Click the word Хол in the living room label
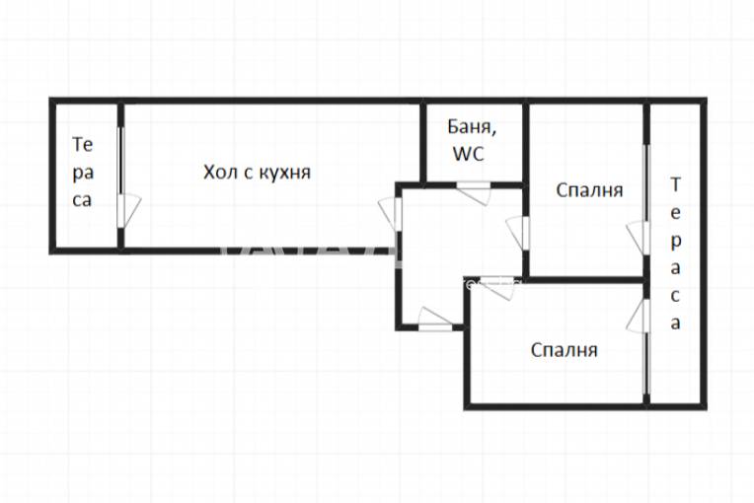click(x=220, y=173)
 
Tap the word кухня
click(x=284, y=173)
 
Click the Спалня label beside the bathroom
click(x=588, y=189)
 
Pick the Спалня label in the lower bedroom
click(x=564, y=349)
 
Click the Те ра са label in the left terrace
click(x=83, y=172)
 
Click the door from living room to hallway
click(x=391, y=214)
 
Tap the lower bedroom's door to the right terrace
click(x=639, y=317)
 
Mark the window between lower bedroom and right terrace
click(x=646, y=365)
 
